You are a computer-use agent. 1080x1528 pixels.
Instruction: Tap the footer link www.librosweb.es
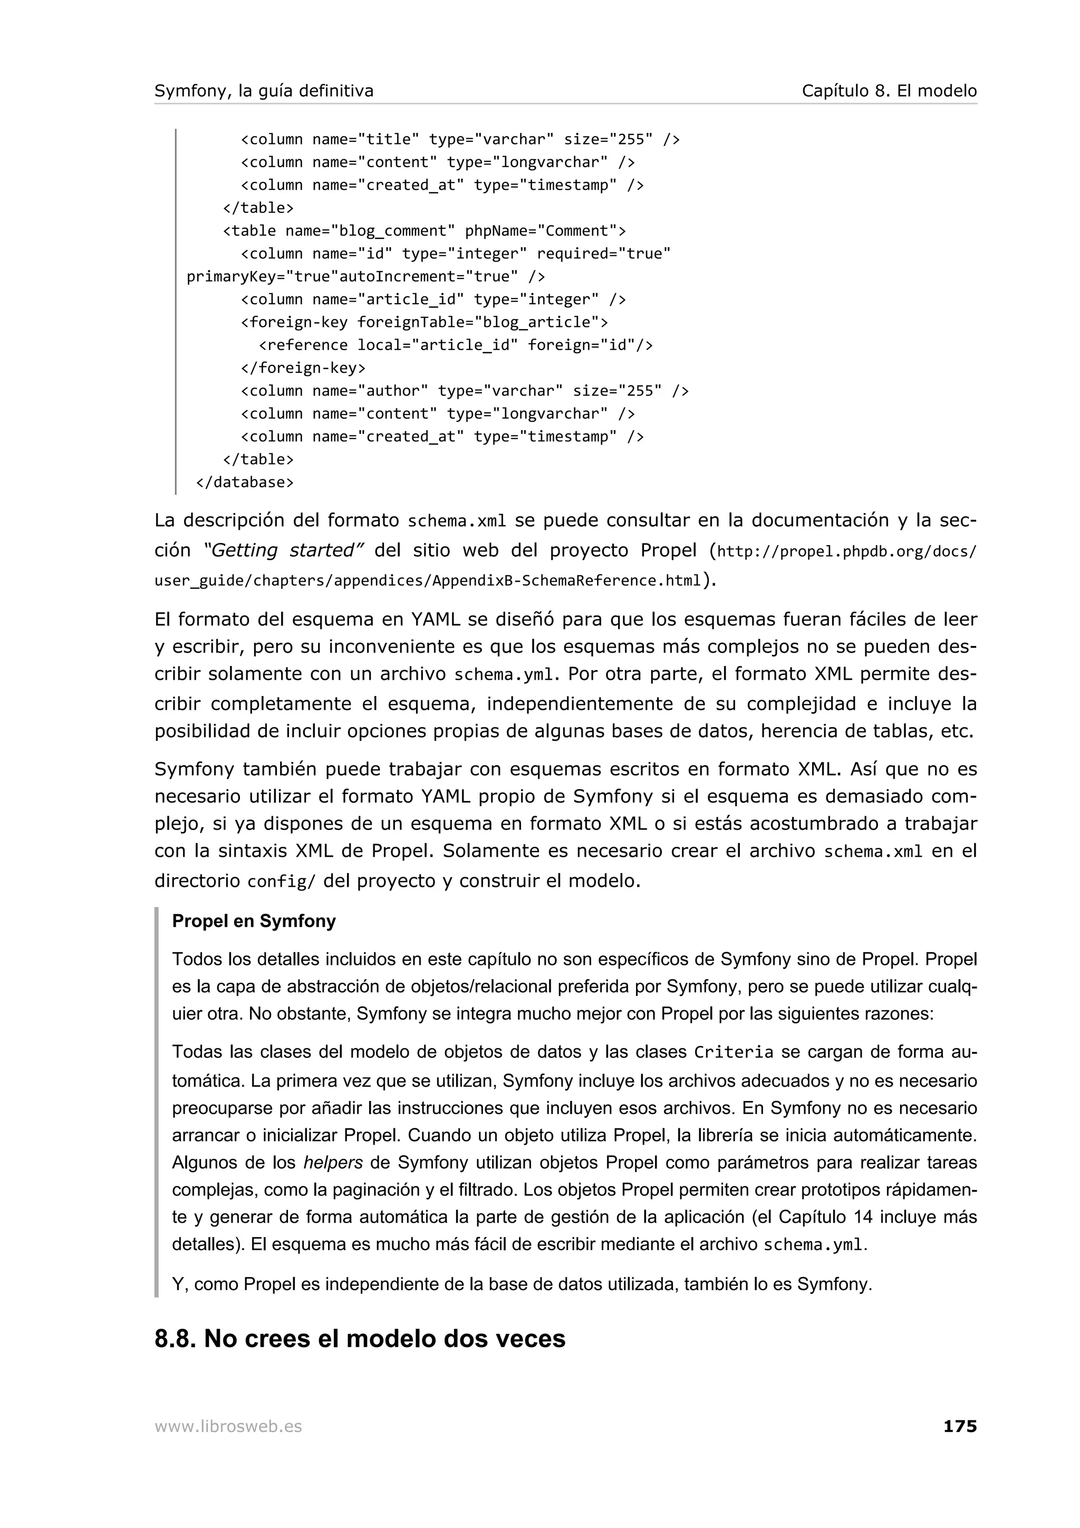pos(228,1426)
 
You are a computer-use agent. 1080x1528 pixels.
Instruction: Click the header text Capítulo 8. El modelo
pos(889,91)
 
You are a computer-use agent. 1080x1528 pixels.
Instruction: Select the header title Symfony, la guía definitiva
pos(264,91)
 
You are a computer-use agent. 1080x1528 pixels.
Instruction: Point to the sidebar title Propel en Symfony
pos(254,921)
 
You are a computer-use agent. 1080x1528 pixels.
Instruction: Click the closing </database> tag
pos(244,482)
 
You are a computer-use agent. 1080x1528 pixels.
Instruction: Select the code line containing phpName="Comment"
pos(424,231)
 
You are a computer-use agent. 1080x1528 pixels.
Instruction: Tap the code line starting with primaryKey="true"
pos(365,276)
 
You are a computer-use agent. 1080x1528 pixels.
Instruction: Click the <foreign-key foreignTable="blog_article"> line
pos(424,322)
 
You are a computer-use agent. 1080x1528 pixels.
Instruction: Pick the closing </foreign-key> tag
pos(303,368)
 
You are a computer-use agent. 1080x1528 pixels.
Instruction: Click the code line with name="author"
pos(464,391)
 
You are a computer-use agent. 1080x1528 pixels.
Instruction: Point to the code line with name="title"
pos(459,139)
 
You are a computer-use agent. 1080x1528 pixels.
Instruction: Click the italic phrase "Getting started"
pos(284,550)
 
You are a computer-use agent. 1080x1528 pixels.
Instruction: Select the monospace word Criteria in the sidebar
pos(734,1052)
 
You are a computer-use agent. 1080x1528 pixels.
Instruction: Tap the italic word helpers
pos(333,1163)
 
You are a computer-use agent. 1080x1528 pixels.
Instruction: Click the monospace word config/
pos(281,882)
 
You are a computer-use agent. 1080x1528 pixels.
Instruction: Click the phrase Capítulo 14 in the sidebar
pos(824,1217)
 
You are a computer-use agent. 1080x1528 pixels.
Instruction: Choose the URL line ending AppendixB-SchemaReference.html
pos(427,581)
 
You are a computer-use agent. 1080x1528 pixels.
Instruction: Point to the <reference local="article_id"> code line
pos(455,345)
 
